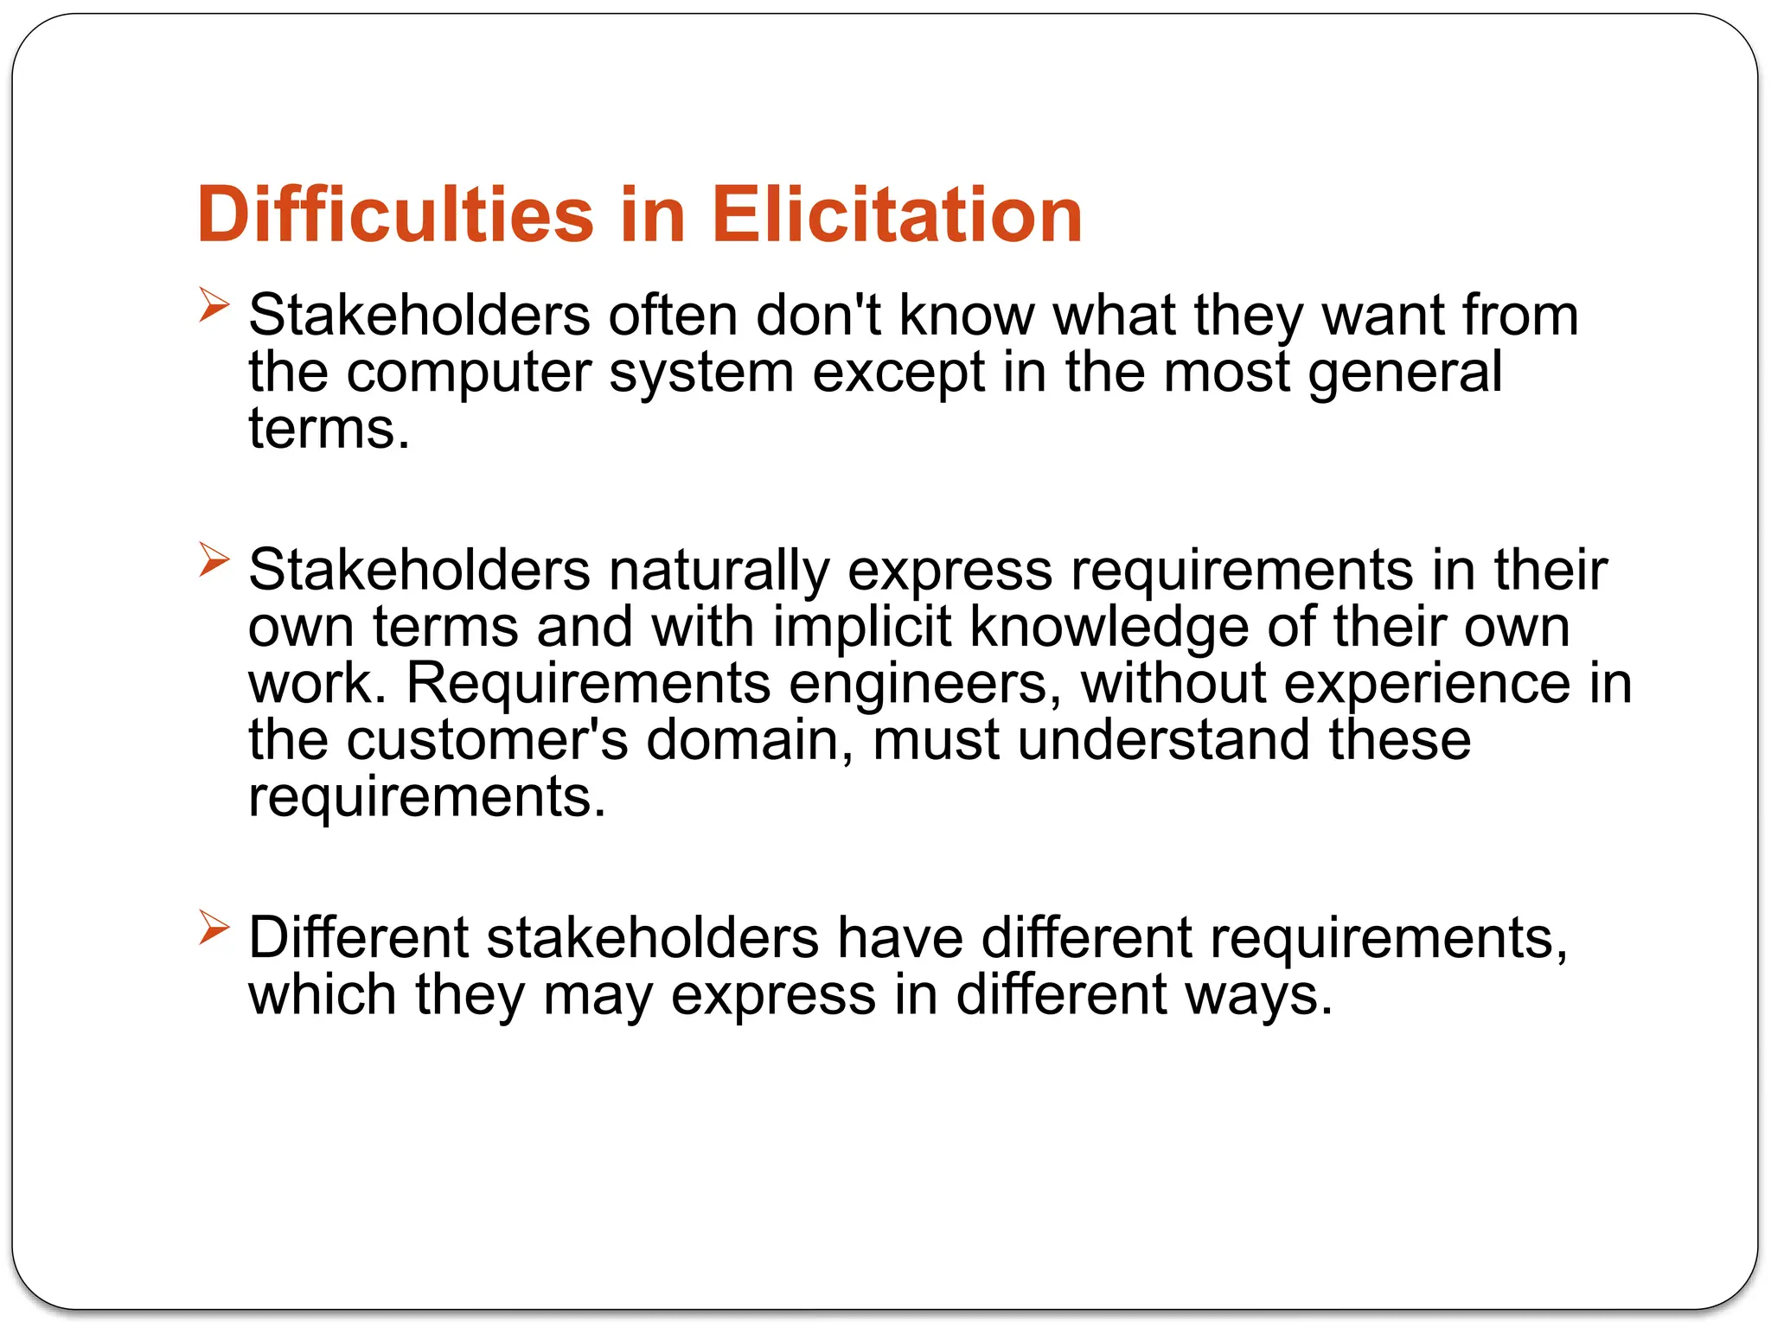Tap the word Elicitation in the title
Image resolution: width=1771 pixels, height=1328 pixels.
pyautogui.click(x=897, y=214)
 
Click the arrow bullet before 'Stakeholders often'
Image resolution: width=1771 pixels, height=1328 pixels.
pyautogui.click(x=214, y=305)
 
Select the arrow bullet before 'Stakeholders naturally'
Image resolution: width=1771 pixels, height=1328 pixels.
pyautogui.click(x=214, y=560)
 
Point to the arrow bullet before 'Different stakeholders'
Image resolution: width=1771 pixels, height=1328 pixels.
pyautogui.click(x=214, y=928)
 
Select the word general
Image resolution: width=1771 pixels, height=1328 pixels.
pyautogui.click(x=1405, y=373)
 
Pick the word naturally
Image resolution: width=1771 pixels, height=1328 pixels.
pyautogui.click(x=719, y=571)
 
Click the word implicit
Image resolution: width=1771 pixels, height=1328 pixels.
pyautogui.click(x=861, y=627)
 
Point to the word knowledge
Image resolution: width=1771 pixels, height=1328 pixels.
pyautogui.click(x=1109, y=627)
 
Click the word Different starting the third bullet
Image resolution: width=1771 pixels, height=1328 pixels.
pyautogui.click(x=358, y=938)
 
